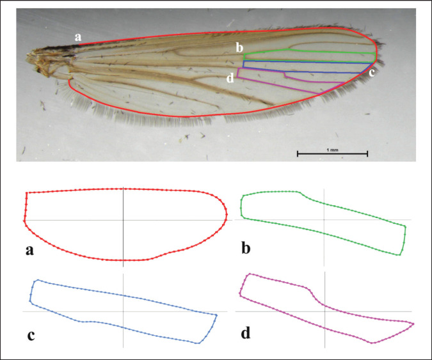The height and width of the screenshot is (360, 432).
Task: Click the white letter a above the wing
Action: pos(78,37)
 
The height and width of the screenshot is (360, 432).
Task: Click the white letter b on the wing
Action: pos(239,47)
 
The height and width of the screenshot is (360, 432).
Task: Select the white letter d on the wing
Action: pos(230,79)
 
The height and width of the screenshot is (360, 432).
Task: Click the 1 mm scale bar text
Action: pos(333,148)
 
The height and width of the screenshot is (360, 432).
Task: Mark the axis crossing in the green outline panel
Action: pos(325,220)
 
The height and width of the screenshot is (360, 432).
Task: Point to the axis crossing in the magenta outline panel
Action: pos(325,311)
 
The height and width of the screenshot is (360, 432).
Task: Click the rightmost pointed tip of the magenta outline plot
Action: pos(413,324)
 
